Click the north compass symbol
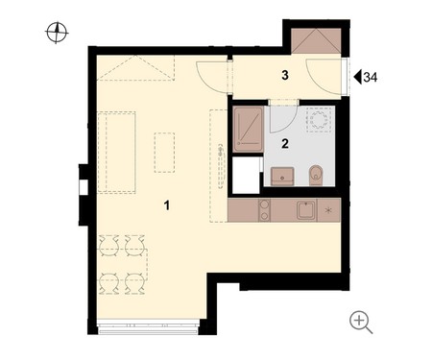(57, 33)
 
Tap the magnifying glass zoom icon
(361, 323)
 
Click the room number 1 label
(166, 205)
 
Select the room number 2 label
(285, 143)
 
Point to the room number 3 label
(285, 75)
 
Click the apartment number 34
(371, 77)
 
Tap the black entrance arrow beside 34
(358, 77)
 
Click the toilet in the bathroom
(317, 176)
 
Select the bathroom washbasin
(282, 176)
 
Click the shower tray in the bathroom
(249, 130)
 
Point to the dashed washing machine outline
(319, 120)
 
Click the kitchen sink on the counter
(306, 210)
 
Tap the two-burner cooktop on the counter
(264, 210)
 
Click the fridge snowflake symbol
(328, 210)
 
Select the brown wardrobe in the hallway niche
(316, 41)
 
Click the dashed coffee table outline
(164, 153)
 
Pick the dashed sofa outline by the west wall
(116, 152)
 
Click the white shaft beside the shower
(246, 175)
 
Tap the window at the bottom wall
(148, 326)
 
